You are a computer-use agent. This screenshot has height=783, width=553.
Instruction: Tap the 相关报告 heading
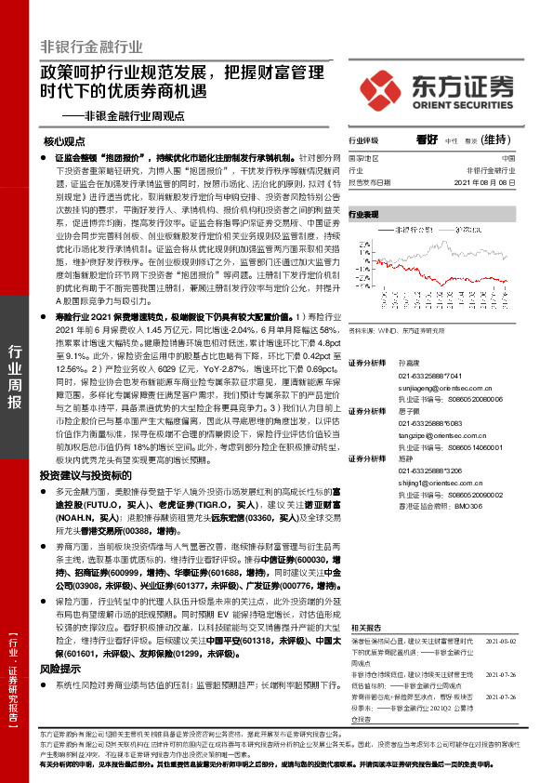tap(363, 629)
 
